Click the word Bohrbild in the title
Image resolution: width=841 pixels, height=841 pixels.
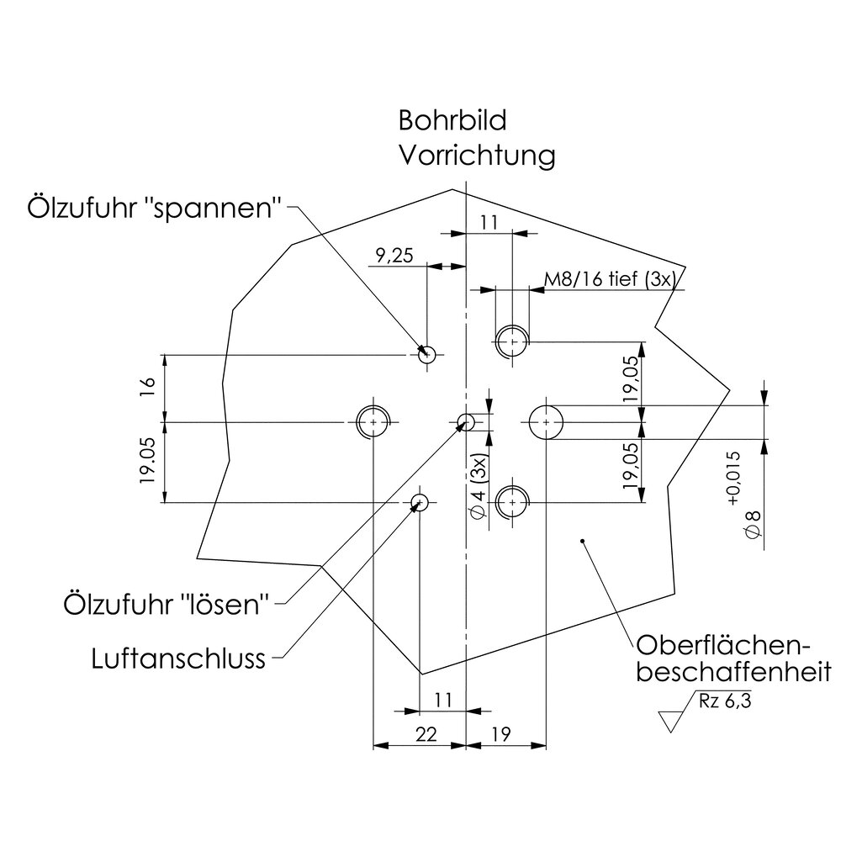point(452,122)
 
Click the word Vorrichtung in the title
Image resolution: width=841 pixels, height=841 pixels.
point(477,156)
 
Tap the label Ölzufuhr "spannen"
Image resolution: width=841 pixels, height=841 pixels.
point(154,208)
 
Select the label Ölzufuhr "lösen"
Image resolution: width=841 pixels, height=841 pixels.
point(167,603)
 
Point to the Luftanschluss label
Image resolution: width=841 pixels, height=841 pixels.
point(178,658)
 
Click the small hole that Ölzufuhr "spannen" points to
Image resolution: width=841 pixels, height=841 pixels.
point(427,354)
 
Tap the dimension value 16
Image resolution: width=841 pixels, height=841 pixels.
point(148,386)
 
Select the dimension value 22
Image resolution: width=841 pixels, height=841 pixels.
point(427,734)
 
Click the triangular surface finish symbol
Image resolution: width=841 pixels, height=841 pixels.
point(672,721)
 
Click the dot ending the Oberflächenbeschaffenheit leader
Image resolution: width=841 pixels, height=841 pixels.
point(582,539)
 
